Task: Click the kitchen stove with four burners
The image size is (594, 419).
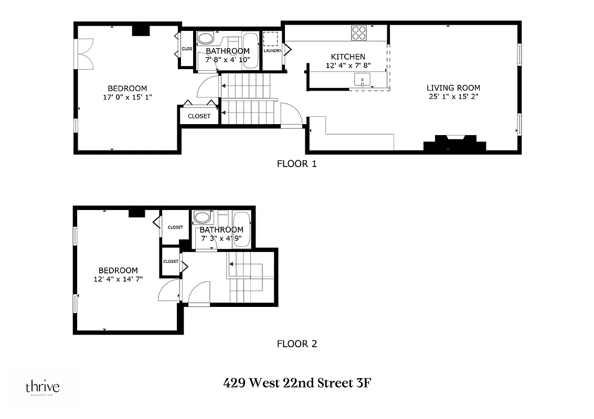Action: click(359, 33)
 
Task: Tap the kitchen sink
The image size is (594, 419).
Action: click(362, 80)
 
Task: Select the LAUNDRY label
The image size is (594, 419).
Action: click(272, 51)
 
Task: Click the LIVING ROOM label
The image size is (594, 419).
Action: click(453, 88)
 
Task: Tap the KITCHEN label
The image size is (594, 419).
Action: click(347, 57)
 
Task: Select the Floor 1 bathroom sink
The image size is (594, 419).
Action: click(205, 39)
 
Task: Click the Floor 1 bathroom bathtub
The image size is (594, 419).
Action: click(251, 50)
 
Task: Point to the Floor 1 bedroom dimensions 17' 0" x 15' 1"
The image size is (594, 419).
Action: click(128, 97)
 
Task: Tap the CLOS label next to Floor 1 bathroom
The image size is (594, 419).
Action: click(187, 49)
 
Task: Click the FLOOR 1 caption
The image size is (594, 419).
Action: click(296, 163)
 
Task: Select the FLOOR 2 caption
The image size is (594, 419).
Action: click(296, 344)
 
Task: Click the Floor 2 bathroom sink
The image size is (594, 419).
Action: click(201, 217)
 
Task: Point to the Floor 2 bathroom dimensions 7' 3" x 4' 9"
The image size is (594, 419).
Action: click(221, 238)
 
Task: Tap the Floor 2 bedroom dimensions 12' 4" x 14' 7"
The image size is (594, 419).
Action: click(118, 279)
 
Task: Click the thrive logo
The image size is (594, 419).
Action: click(43, 388)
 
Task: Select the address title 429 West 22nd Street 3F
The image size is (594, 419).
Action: click(298, 383)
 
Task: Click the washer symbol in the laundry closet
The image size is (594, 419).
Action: click(271, 39)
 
